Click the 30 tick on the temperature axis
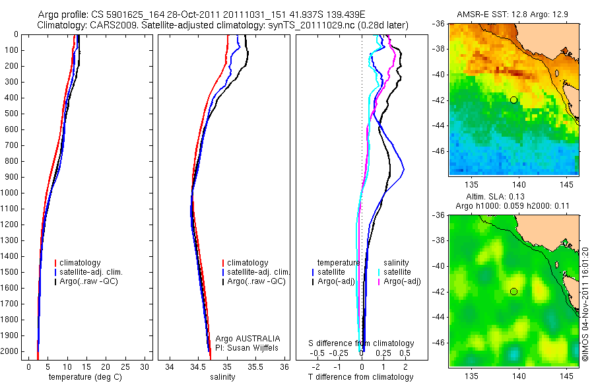145,366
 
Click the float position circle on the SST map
513,100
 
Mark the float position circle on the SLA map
513,291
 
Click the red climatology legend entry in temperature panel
81,263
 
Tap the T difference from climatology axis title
360,377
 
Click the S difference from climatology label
362,343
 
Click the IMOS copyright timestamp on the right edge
585,304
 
